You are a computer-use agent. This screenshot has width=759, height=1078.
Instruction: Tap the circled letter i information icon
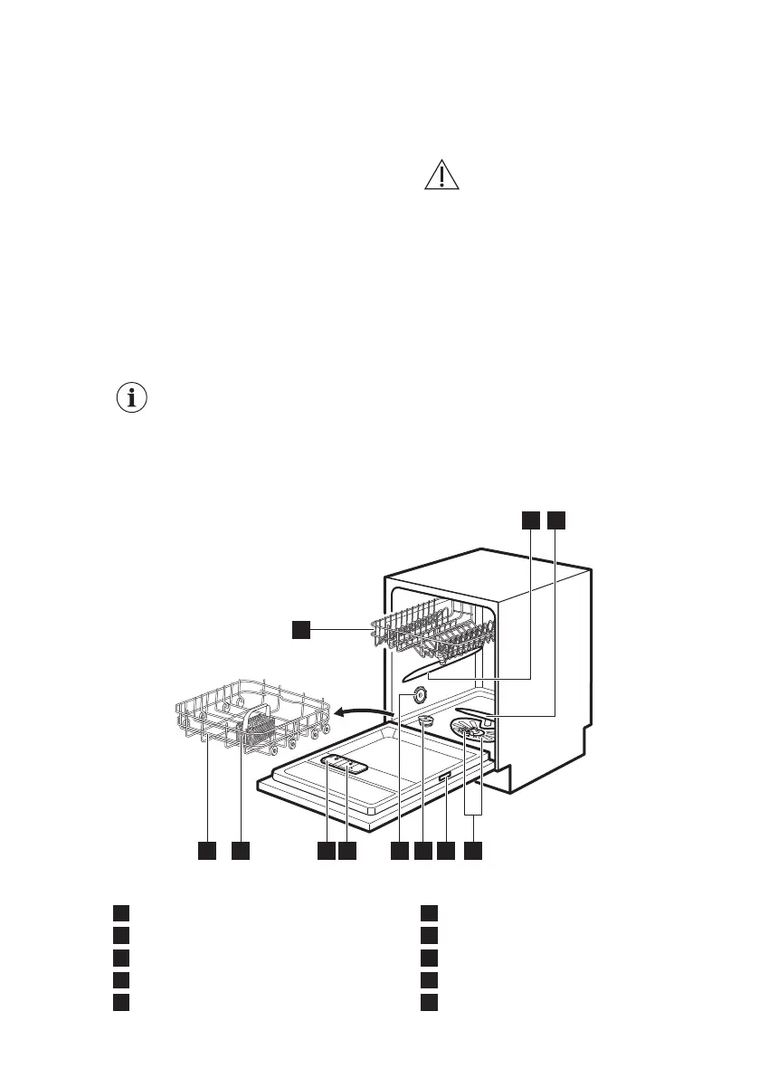tap(133, 397)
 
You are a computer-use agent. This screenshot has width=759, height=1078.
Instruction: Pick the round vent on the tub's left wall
tap(420, 694)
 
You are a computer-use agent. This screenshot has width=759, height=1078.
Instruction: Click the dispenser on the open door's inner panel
tap(344, 766)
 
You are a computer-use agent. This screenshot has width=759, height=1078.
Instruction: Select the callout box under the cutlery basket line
tap(240, 851)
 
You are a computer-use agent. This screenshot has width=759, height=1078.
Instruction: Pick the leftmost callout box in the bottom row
tap(207, 851)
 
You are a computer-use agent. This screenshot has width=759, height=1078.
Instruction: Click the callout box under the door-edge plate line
tap(446, 851)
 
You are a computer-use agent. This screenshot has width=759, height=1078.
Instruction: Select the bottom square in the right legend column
tap(430, 1002)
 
